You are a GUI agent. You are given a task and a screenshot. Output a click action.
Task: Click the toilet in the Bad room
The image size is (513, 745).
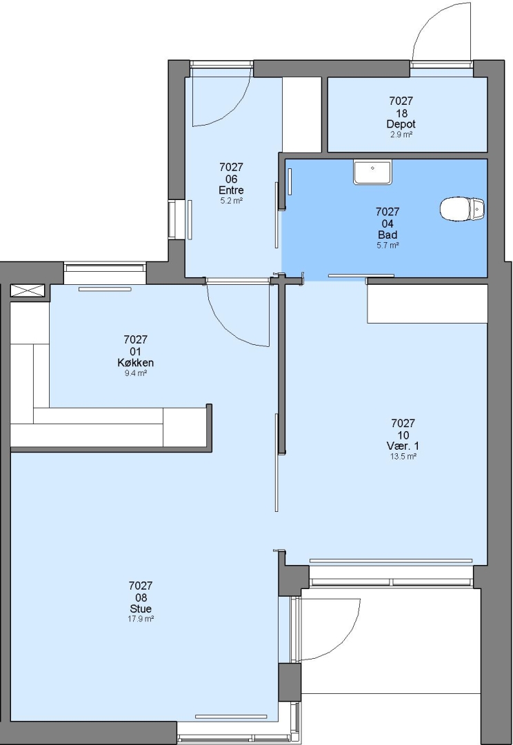(x=462, y=209)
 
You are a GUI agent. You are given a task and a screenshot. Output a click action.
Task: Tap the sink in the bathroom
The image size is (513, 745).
(x=372, y=172)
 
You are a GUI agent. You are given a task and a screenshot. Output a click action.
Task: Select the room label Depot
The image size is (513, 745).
(x=401, y=124)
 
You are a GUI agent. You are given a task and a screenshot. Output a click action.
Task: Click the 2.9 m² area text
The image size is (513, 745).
(x=401, y=135)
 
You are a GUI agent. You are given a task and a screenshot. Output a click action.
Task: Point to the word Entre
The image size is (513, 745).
(x=231, y=190)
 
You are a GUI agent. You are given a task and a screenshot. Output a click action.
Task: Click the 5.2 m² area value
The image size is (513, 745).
(x=231, y=201)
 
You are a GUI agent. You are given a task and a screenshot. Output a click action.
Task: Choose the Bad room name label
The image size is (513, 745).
(x=388, y=235)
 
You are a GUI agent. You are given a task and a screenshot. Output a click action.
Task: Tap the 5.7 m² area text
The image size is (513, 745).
(x=388, y=245)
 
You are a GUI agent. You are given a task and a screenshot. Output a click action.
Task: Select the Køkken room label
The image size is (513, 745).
(x=135, y=363)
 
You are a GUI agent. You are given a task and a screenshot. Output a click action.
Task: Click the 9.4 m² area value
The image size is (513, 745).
(x=135, y=373)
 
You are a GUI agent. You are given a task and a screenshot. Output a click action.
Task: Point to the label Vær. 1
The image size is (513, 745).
(x=403, y=446)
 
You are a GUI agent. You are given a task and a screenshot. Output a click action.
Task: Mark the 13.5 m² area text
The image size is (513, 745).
(x=403, y=457)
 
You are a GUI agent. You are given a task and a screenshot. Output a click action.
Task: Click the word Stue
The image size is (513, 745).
(x=141, y=608)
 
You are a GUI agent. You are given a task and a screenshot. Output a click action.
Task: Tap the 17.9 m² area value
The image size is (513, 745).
(x=141, y=619)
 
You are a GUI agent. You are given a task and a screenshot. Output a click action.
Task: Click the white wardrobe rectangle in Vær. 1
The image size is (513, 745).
(x=428, y=304)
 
